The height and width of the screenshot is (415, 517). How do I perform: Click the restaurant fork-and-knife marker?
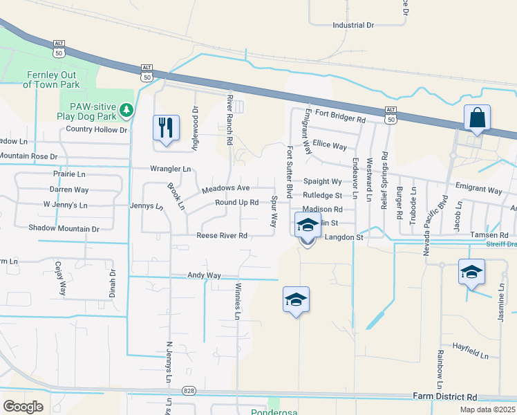[x=166, y=128]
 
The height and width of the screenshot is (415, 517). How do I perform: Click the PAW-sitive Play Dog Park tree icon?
[x=126, y=109]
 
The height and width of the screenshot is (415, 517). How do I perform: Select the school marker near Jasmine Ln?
[x=471, y=272]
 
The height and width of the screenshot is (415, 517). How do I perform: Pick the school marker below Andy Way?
[x=296, y=299]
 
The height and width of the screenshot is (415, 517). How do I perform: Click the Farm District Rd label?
[x=445, y=397]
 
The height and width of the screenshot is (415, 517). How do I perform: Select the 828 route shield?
[x=189, y=391]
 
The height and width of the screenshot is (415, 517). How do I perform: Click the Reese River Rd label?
[x=222, y=236]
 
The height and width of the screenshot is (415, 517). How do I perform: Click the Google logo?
[x=23, y=407]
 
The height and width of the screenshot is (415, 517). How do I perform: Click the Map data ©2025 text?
[x=487, y=409]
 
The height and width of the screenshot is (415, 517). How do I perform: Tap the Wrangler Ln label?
[x=171, y=169]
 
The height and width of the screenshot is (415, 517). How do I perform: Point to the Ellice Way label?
[x=330, y=146]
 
